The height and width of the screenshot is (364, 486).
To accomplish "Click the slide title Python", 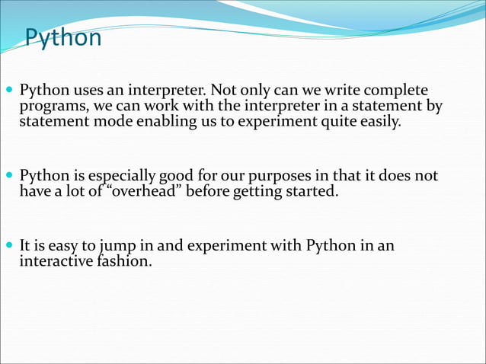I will click(x=63, y=37).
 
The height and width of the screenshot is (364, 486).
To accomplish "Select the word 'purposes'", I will click(x=277, y=177).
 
